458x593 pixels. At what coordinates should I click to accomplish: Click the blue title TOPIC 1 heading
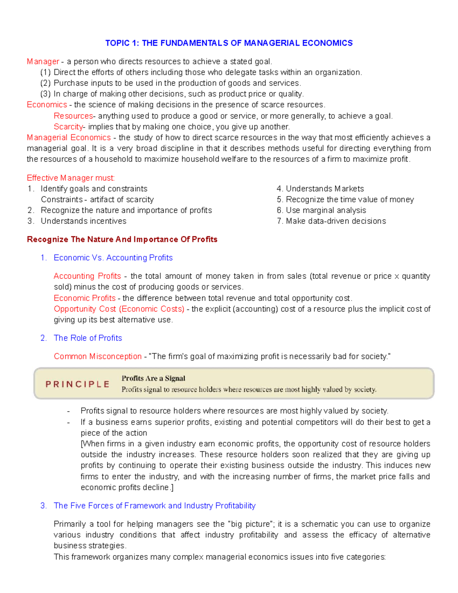[229, 43]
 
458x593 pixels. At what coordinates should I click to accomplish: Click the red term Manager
[43, 61]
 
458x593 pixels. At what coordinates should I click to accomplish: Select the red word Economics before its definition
[47, 105]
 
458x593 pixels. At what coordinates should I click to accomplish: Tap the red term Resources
[73, 116]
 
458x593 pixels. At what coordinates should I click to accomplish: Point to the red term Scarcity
[68, 127]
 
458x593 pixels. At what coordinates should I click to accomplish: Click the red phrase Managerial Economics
[69, 137]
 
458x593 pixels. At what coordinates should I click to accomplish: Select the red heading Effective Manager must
[71, 178]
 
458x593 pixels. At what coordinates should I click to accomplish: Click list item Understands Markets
[324, 189]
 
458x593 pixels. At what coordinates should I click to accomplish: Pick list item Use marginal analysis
[326, 210]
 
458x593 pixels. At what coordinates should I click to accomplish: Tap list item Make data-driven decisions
[335, 221]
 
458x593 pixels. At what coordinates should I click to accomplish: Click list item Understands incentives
[83, 221]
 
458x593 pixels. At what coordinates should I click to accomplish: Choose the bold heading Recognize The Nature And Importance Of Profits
[122, 239]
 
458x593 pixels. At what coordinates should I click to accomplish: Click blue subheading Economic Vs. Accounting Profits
[113, 258]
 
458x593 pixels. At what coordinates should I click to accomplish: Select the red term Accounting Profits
[87, 276]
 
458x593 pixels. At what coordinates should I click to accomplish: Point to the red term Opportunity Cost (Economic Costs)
[119, 309]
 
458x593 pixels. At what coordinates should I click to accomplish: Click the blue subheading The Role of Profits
[88, 338]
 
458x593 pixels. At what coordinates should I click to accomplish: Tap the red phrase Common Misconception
[98, 356]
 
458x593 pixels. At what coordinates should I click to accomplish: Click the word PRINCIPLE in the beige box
[77, 384]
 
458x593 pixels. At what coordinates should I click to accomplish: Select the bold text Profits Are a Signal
[153, 378]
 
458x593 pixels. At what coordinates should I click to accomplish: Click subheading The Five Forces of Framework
[155, 506]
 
